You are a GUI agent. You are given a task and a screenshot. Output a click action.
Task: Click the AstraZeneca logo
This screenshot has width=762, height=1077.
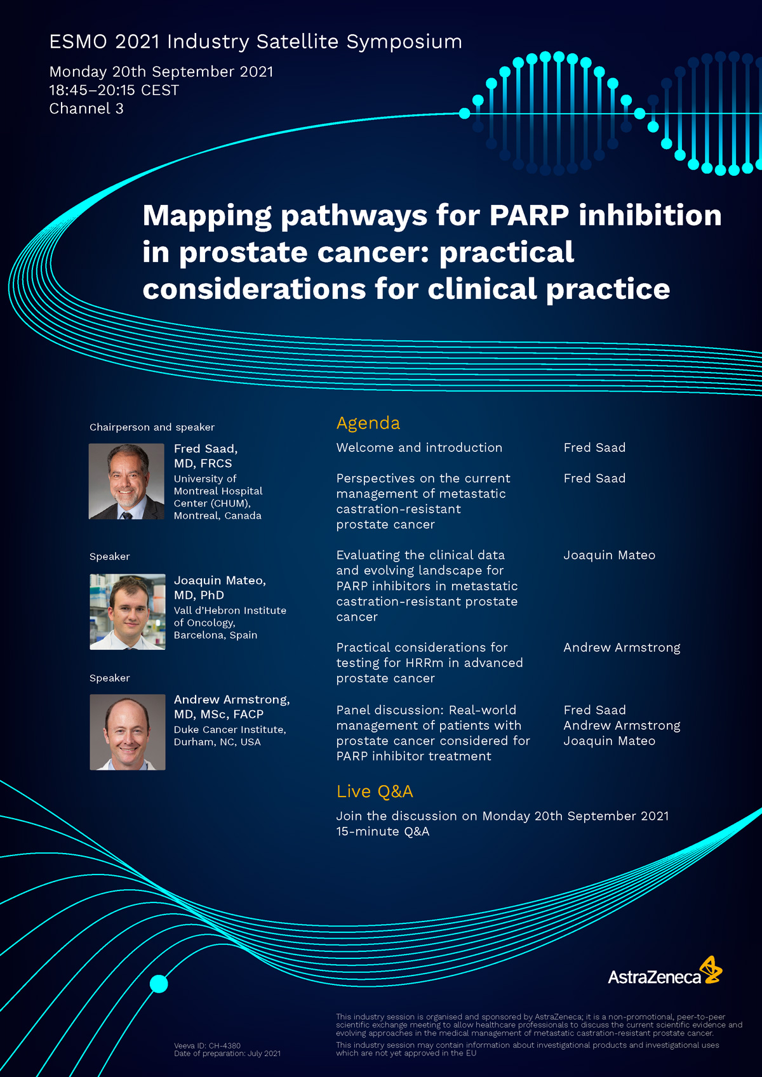[x=665, y=971]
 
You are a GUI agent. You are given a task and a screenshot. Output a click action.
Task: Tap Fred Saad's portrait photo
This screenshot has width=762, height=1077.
[x=126, y=481]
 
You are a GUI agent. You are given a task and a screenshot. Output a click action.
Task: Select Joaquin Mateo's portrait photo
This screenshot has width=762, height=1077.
[x=128, y=612]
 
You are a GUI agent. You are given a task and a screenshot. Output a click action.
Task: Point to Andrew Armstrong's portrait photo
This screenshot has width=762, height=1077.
[x=128, y=732]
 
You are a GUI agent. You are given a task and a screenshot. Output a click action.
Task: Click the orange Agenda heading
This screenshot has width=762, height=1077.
[x=368, y=423]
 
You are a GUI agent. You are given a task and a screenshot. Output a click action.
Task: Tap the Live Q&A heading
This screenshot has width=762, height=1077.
[x=375, y=791]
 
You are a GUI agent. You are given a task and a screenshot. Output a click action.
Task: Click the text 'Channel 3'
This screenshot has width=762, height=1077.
[x=86, y=109]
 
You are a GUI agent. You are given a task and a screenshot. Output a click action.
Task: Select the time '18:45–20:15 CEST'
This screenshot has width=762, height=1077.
[x=114, y=90]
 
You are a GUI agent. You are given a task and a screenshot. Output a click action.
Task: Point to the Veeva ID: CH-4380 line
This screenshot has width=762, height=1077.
[x=207, y=1045]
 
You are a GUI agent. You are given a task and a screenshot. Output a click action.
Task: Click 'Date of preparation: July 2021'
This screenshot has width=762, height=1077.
[x=227, y=1054]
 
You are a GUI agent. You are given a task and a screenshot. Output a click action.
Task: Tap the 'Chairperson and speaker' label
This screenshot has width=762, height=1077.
[x=152, y=427]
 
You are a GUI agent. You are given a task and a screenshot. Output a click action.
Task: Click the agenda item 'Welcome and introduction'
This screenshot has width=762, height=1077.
[x=419, y=447]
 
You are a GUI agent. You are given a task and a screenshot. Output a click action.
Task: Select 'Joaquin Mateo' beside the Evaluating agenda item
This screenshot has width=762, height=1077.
[x=609, y=555]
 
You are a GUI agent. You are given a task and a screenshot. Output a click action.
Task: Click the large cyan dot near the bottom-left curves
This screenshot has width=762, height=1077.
[x=159, y=984]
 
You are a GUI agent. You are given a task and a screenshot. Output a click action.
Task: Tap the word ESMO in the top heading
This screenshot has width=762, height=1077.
[x=78, y=42]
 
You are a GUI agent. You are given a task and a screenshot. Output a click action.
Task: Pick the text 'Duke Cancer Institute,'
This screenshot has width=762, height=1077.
[x=230, y=729]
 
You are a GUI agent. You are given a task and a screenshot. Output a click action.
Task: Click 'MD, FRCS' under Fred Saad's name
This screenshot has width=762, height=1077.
[x=203, y=463]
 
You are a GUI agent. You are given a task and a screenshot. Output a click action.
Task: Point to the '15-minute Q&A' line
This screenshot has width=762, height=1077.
[x=382, y=831]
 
